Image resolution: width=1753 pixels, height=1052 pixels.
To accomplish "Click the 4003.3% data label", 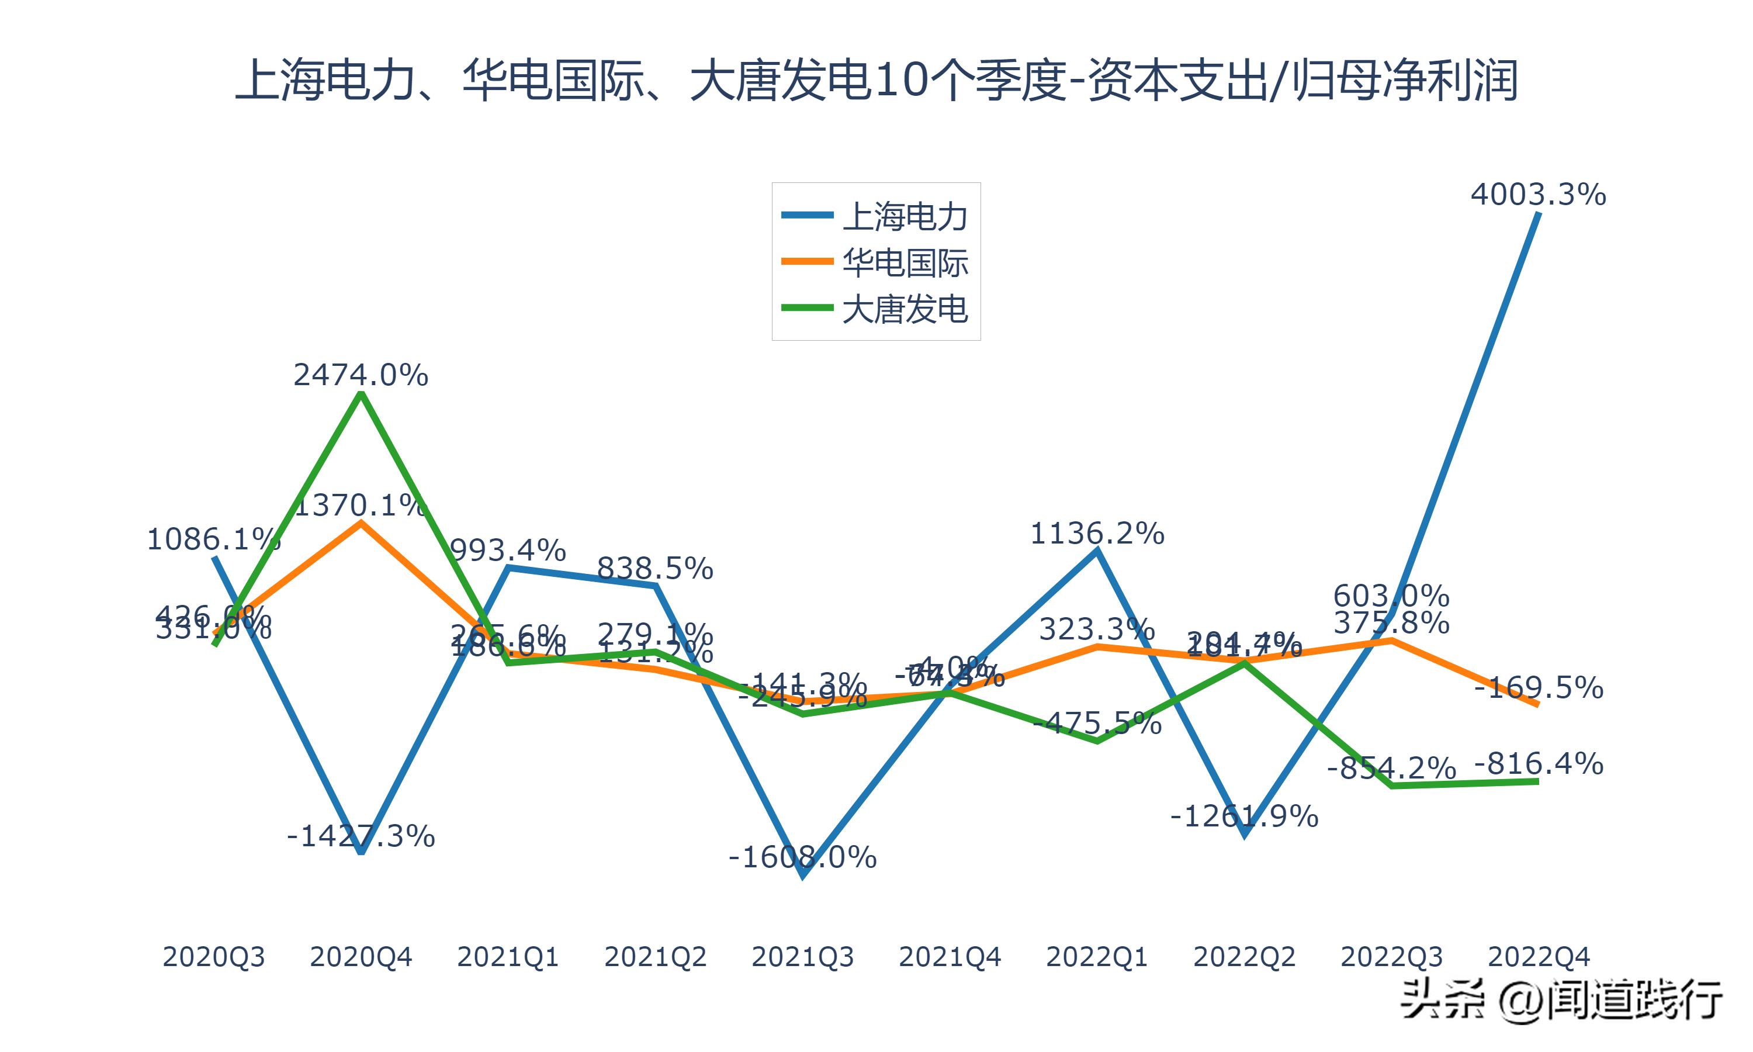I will pos(1537,194).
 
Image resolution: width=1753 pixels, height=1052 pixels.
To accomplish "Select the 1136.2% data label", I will pos(1096,534).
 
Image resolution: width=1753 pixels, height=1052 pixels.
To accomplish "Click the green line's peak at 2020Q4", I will pos(361,394).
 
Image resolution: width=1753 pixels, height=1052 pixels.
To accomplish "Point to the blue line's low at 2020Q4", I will pos(361,852).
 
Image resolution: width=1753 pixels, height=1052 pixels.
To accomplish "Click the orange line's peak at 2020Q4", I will pos(361,523).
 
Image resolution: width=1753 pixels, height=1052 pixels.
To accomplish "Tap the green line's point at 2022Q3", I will pos(1392,785).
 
